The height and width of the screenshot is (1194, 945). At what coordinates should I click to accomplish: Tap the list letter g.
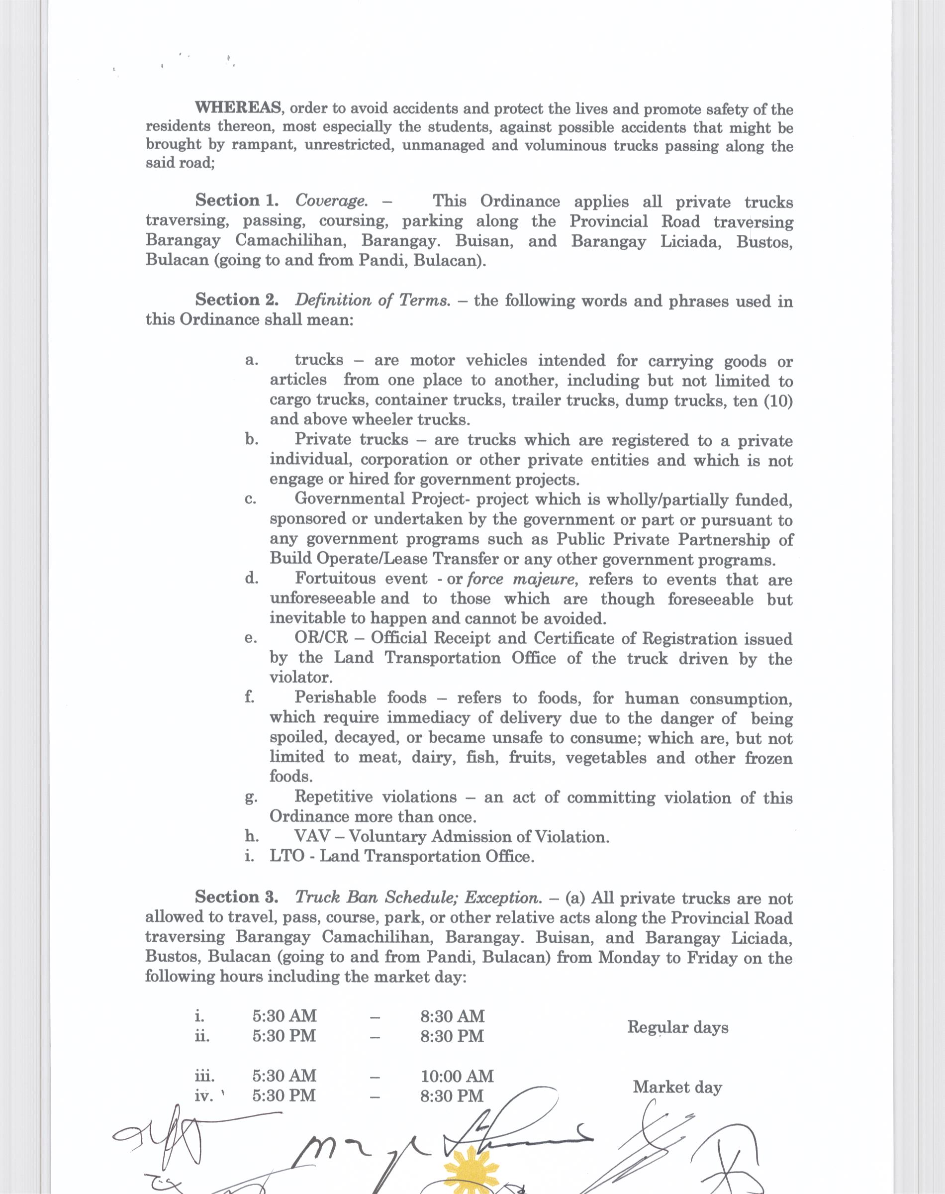click(250, 797)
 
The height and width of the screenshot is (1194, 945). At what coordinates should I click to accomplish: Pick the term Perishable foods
click(360, 697)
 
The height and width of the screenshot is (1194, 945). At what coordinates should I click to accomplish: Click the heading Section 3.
click(237, 897)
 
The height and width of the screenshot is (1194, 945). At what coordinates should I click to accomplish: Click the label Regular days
click(677, 1027)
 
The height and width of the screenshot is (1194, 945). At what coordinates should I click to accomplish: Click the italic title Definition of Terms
click(373, 300)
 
